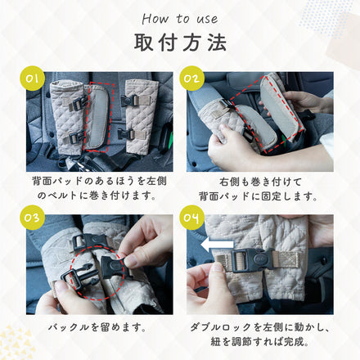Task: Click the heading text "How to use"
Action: pyautogui.click(x=180, y=18)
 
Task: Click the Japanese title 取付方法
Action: pyautogui.click(x=180, y=43)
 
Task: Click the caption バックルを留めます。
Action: pyautogui.click(x=98, y=327)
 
